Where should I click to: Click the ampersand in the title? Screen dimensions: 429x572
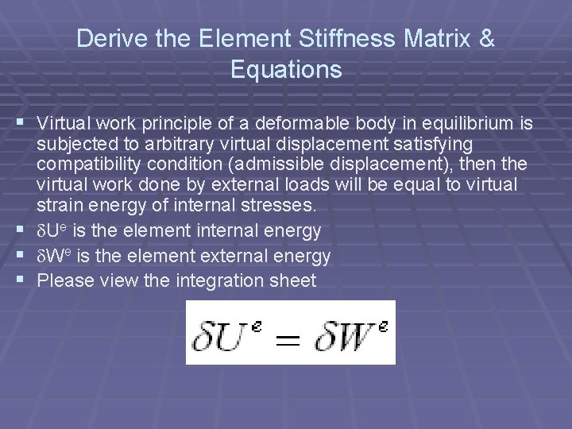click(x=486, y=38)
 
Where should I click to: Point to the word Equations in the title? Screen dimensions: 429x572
click(x=286, y=70)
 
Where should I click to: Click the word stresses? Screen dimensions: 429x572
click(x=285, y=206)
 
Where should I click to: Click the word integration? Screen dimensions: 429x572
click(x=221, y=280)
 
